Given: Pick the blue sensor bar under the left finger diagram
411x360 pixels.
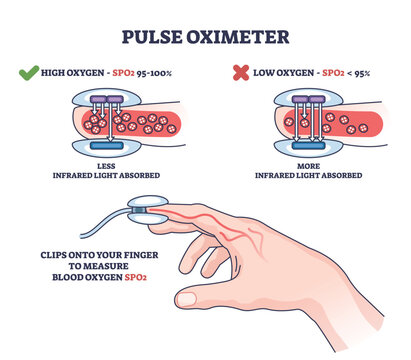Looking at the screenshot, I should (x=107, y=146).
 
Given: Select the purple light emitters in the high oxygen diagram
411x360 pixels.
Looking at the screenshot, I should (x=107, y=100).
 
